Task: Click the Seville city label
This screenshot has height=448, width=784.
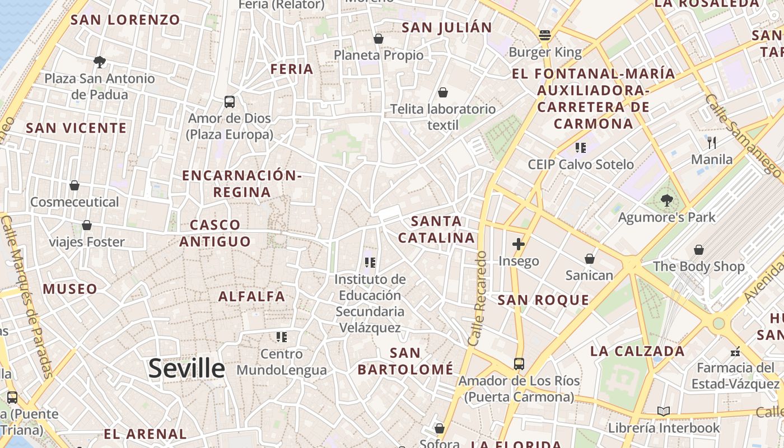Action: pos(186,368)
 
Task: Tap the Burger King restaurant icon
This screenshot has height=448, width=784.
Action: pos(545,35)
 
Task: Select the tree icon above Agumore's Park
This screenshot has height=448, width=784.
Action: pos(666,200)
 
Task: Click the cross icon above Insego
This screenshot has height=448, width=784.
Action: pos(519,244)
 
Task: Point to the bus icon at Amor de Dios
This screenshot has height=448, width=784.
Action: pos(230,102)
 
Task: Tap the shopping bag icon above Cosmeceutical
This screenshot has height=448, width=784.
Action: pos(74,185)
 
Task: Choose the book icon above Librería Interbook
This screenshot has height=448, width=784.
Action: pos(664,412)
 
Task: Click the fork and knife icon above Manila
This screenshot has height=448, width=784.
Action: pos(712,142)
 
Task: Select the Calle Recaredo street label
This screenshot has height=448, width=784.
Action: pos(478,297)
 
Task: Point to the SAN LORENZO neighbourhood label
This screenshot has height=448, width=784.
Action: pos(125,20)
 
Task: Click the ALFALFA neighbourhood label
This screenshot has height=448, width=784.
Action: pos(251,296)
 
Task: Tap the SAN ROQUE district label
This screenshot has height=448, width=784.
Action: pos(543,300)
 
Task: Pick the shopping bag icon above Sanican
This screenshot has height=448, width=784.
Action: pos(590,259)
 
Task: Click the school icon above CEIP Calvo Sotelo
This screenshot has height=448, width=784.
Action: pos(581,148)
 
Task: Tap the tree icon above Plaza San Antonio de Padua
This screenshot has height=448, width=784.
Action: pos(100,62)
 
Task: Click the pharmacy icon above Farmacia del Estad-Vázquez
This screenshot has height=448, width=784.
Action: pos(735,352)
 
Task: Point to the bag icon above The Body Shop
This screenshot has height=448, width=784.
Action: pos(699,250)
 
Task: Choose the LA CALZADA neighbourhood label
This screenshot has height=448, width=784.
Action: pos(637,352)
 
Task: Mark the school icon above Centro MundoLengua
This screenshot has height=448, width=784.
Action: pos(282,337)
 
